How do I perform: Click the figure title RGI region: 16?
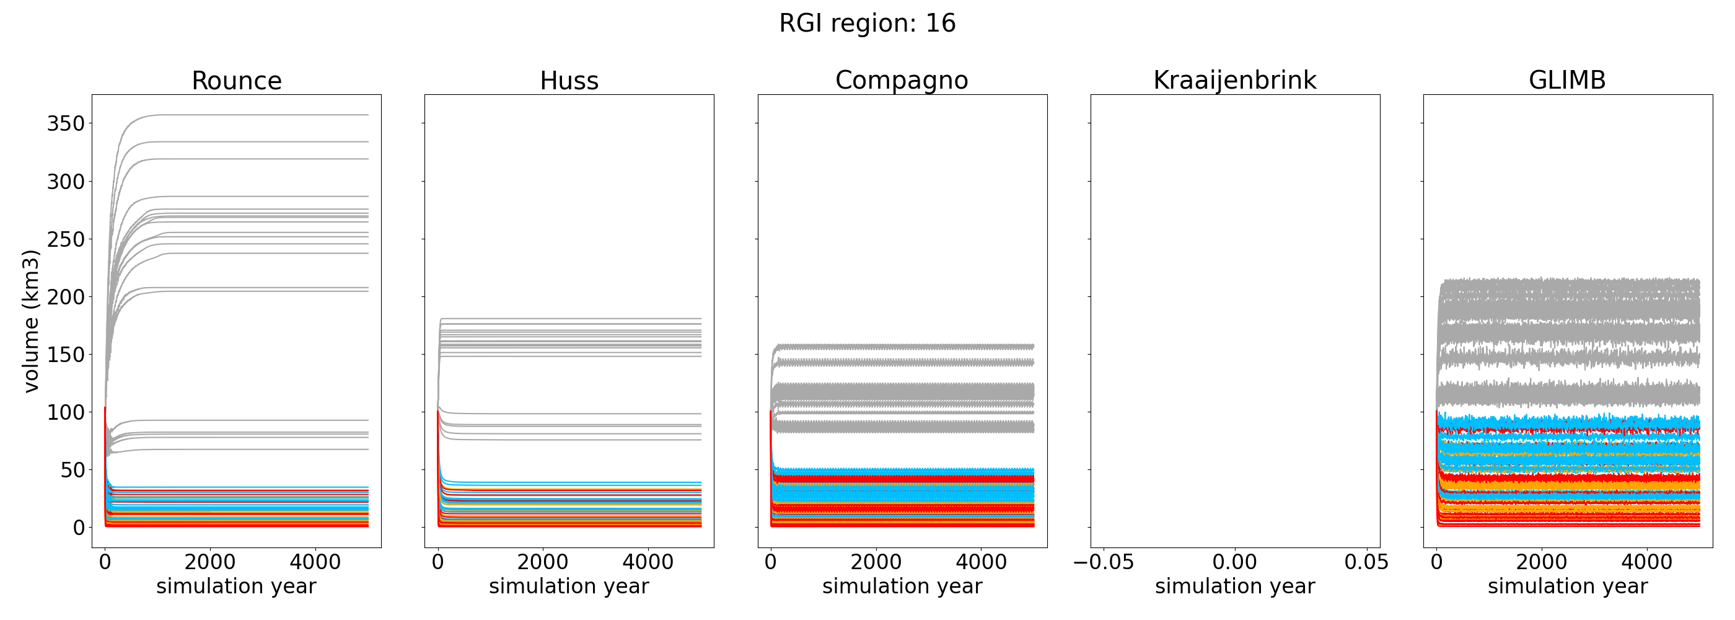pos(867,24)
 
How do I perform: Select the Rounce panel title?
pos(237,81)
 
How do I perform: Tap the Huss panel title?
pos(569,81)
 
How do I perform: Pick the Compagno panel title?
pos(902,80)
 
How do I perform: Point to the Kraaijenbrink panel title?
pos(1234,80)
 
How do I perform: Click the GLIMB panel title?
pos(1567,80)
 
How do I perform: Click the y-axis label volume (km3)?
pos(31,321)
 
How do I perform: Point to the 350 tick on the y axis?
pos(65,123)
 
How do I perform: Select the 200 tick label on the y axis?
pos(65,296)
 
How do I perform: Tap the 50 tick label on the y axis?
pos(72,470)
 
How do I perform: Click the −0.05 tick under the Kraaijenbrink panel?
pos(1103,562)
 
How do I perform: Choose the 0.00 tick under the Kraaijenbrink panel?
pos(1234,562)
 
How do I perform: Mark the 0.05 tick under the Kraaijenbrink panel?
pos(1366,562)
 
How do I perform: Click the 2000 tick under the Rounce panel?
pos(210,562)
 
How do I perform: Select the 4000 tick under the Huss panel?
pos(648,562)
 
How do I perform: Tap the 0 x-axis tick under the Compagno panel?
pos(771,562)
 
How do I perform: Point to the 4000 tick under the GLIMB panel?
pos(1647,562)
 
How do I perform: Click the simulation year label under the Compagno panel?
pos(902,587)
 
